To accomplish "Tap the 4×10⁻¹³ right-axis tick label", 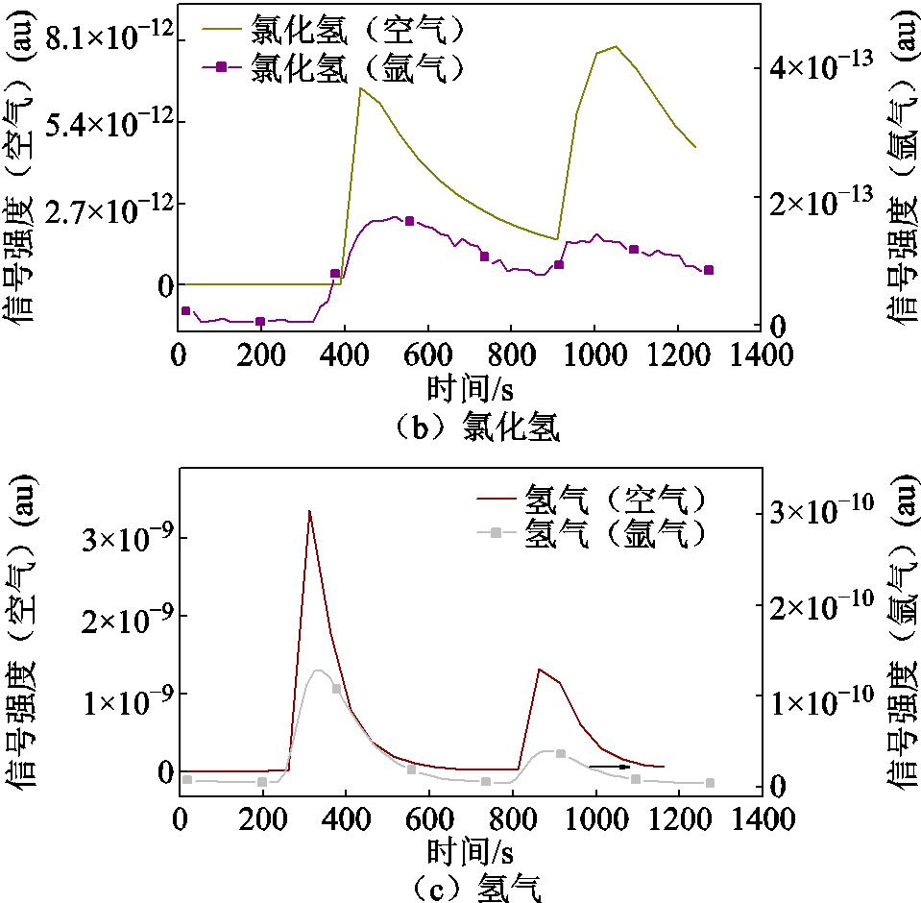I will click(x=822, y=66).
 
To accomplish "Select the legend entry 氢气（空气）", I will click(x=616, y=500).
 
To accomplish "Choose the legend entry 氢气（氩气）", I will click(x=616, y=533).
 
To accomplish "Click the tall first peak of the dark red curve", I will click(x=309, y=511).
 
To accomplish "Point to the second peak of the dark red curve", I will click(x=540, y=669).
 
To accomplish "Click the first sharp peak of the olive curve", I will click(x=360, y=88).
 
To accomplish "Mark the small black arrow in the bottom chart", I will click(x=610, y=767).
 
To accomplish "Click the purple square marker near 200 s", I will click(x=260, y=321).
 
